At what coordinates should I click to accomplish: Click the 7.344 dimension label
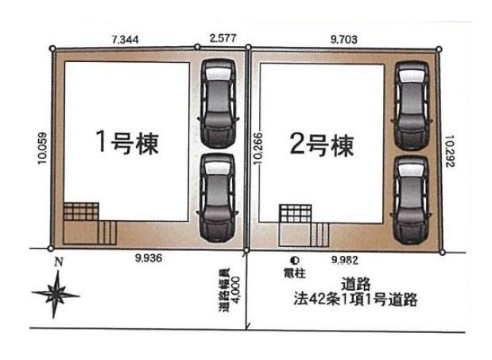pos(125,40)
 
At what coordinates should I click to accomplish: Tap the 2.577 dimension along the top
pos(223,38)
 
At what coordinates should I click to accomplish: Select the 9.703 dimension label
pos(344,40)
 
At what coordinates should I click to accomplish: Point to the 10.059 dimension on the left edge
pos(42,149)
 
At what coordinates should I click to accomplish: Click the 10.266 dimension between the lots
pos(258,149)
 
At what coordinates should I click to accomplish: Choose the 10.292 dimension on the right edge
pos(450,151)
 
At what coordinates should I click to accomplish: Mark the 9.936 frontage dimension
pos(149,258)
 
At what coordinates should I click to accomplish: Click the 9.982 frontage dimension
pos(345,260)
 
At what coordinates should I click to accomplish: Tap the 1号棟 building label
pos(127,143)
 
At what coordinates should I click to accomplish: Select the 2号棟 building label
pos(322,145)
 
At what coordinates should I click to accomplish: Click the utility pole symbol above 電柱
pos(295,261)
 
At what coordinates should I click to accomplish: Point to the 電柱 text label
pos(295,273)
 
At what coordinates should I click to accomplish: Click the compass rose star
pos(56,295)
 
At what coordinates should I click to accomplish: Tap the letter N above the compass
pos(59,261)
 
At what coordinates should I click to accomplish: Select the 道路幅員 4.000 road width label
pos(230,289)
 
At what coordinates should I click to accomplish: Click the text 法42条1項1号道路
pos(355,299)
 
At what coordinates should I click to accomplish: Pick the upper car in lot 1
pos(218,103)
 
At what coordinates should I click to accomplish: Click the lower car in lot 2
pos(411,201)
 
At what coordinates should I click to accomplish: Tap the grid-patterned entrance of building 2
pos(296,214)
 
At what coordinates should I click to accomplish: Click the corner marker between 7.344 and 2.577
pos(197,47)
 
